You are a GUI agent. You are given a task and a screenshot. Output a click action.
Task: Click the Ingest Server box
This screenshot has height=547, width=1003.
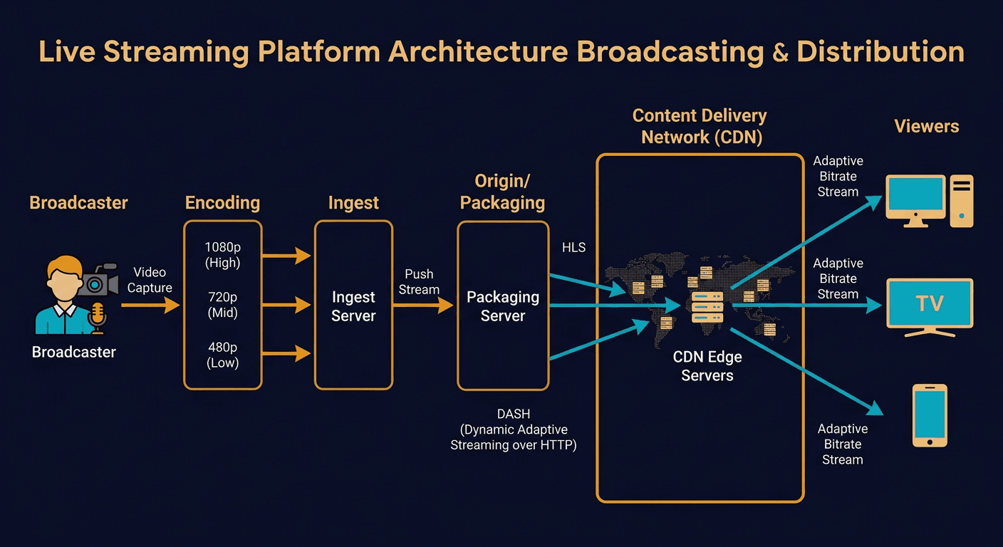click(353, 305)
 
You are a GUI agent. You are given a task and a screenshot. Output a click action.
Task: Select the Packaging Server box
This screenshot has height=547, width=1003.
click(503, 306)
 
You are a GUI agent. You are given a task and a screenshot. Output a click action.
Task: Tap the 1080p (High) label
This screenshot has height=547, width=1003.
click(222, 254)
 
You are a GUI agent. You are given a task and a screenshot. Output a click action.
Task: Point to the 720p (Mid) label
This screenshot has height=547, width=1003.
click(222, 304)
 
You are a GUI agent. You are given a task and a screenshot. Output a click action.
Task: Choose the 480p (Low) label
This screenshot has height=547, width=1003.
click(222, 355)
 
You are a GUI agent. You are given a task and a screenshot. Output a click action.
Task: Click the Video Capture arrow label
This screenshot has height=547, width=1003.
click(150, 280)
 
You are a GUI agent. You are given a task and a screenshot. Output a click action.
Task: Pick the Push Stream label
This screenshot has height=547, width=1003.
click(419, 281)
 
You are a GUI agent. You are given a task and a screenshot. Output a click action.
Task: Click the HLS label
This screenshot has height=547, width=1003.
click(573, 247)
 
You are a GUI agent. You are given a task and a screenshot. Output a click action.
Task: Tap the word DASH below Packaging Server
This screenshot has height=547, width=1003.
click(513, 414)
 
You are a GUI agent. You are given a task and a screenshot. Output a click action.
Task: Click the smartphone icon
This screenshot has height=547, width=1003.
click(930, 415)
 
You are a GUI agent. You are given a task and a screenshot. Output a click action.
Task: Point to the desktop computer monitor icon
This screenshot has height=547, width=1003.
click(915, 199)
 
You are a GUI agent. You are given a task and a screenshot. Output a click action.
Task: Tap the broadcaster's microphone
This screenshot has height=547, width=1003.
click(98, 316)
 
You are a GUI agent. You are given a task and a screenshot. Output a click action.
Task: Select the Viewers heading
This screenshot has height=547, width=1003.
click(926, 127)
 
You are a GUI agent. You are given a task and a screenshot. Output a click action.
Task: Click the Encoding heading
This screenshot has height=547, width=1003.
click(222, 203)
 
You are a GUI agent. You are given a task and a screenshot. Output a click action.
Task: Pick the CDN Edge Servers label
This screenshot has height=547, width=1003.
click(707, 365)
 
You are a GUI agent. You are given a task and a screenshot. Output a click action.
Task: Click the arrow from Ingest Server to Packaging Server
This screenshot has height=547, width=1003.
click(423, 305)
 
